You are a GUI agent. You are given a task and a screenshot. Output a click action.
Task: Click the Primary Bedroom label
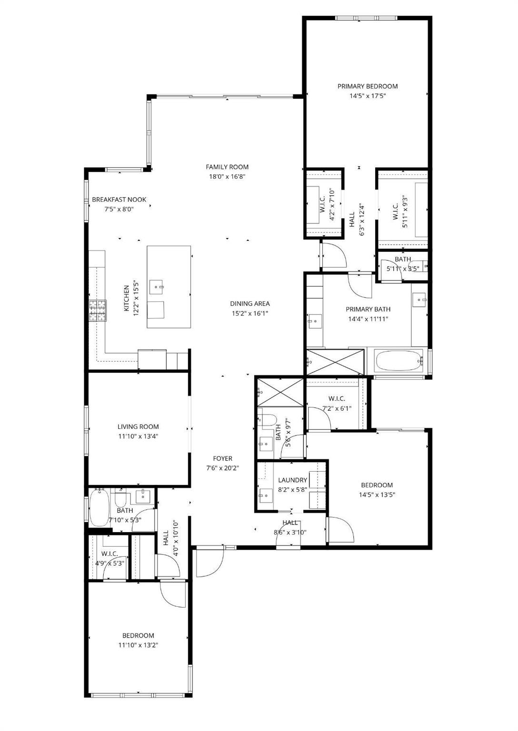tap(367, 86)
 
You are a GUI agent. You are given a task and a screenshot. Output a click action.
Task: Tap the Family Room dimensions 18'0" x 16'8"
tap(227, 177)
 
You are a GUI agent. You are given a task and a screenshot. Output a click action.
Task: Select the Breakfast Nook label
tap(119, 199)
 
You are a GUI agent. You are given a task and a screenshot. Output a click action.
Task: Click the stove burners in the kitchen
tap(98, 311)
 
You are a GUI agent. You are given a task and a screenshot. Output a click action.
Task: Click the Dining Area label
tap(249, 304)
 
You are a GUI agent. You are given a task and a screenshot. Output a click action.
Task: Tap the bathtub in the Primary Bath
tap(399, 361)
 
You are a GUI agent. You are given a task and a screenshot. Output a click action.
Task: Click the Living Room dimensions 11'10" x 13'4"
tap(138, 436)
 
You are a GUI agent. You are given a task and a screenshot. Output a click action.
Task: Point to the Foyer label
tap(222, 458)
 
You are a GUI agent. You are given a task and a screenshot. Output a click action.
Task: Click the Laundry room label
tap(292, 480)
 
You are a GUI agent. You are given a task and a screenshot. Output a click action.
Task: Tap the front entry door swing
tap(209, 562)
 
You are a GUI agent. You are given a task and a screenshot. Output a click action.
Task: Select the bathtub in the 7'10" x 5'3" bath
tap(100, 508)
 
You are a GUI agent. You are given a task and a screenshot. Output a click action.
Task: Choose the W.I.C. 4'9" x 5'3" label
tap(109, 553)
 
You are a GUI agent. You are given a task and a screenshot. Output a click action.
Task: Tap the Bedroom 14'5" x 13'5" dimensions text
tap(377, 494)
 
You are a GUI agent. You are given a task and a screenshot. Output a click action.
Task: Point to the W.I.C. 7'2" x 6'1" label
tap(337, 398)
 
